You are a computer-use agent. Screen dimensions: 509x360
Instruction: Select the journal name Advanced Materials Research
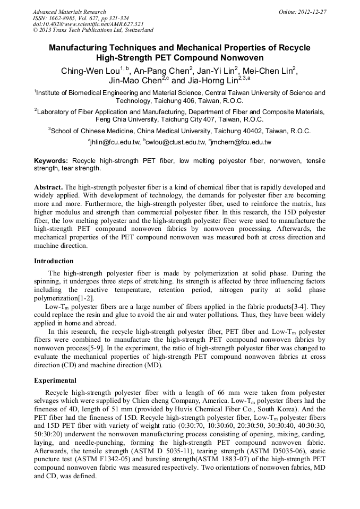tap(69, 12)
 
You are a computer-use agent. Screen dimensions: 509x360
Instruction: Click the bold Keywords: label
tap(51, 160)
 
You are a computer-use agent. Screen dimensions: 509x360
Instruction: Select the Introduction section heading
tap(54, 261)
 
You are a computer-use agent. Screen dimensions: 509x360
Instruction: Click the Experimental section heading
tap(55, 381)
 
